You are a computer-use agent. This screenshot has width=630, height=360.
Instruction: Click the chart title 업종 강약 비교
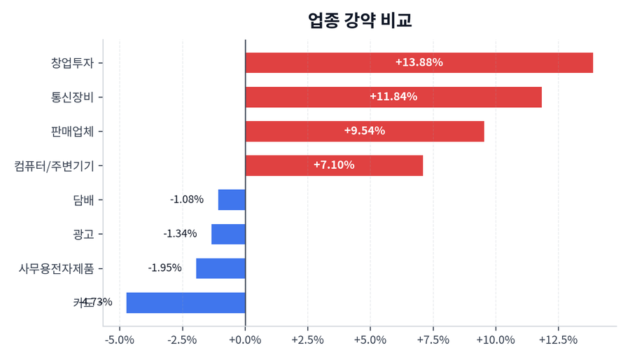coord(360,20)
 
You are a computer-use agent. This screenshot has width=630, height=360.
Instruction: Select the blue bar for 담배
coord(232,200)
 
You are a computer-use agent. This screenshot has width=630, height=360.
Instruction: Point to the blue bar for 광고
coord(228,234)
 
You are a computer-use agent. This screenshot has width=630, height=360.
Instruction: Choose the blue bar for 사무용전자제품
coord(220,268)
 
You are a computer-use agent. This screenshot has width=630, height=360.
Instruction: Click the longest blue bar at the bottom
coord(185,303)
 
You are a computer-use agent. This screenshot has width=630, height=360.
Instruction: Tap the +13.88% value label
coord(419,62)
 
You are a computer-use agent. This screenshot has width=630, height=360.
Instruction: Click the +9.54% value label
coord(364,131)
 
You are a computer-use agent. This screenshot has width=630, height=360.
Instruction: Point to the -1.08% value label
coord(187,200)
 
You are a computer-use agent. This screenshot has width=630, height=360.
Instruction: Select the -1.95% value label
coord(164,268)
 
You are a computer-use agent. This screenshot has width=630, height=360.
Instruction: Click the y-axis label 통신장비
coord(72,97)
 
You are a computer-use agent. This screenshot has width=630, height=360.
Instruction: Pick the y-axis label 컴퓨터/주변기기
coord(54,165)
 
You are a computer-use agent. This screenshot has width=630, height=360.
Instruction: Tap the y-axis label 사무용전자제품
coord(56,268)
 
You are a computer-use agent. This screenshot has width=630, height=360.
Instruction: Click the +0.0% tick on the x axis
coord(246,340)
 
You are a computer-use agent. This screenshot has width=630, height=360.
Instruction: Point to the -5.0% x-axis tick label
coord(119,340)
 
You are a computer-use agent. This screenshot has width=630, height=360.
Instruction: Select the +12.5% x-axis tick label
coord(558,340)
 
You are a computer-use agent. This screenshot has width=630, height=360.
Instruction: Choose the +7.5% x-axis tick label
coord(433,340)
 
